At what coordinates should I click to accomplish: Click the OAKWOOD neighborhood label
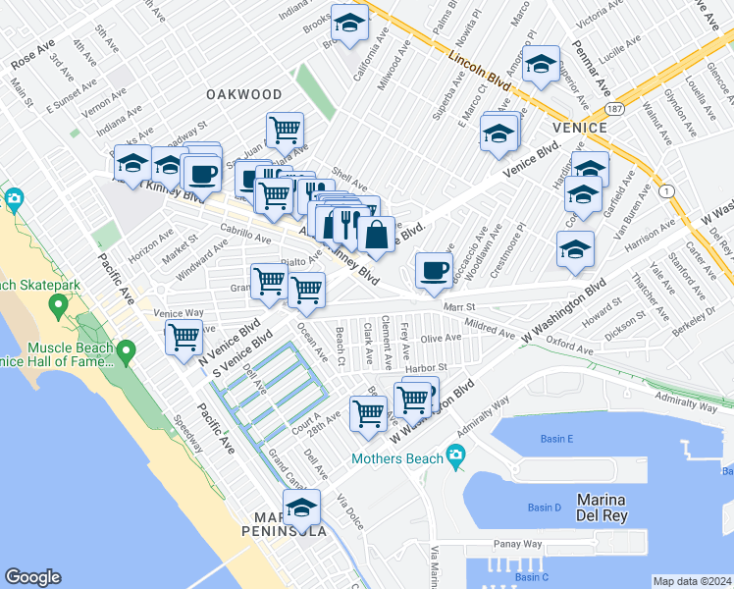[244, 94]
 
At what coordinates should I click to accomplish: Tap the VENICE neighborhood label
[581, 128]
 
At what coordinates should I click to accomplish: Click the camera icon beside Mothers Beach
[454, 455]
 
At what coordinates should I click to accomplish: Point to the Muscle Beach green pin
[126, 350]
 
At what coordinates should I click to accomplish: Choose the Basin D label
[544, 508]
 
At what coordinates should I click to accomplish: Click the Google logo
[32, 577]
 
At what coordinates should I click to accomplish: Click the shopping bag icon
[375, 235]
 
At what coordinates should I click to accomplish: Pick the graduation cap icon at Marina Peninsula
[301, 508]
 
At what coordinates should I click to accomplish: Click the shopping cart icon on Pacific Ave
[183, 337]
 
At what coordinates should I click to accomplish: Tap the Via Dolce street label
[347, 511]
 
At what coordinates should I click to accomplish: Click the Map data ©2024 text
[691, 580]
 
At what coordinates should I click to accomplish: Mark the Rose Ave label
[32, 55]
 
